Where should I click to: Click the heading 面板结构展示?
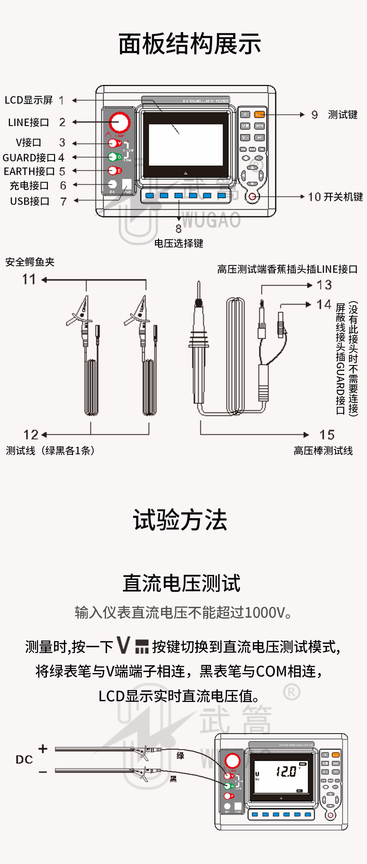click(x=190, y=44)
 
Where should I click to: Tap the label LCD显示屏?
click(x=29, y=100)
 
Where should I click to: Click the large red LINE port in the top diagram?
click(x=119, y=122)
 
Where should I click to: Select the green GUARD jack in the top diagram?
click(x=112, y=157)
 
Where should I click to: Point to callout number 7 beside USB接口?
click(x=63, y=201)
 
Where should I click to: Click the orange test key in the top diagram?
click(x=259, y=114)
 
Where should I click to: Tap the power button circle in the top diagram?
click(x=252, y=196)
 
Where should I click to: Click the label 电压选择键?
click(x=179, y=243)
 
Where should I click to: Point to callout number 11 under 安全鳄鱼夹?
click(x=29, y=279)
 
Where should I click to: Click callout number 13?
click(x=324, y=285)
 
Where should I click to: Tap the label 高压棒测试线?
click(x=323, y=451)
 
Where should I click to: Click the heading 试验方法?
click(x=180, y=520)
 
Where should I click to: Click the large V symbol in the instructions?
click(x=123, y=645)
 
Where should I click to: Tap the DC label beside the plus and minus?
click(x=24, y=760)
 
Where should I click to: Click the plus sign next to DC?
click(x=43, y=749)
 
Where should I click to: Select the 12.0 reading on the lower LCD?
click(x=286, y=772)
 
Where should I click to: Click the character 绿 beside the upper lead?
click(x=180, y=756)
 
